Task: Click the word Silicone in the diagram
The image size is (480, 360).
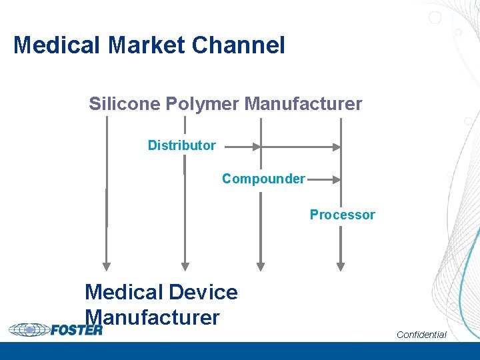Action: (124, 104)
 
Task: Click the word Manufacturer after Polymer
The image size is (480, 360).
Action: (303, 104)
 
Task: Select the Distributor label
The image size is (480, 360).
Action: (181, 145)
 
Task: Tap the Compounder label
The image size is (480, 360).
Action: (263, 179)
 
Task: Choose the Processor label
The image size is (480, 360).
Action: (342, 215)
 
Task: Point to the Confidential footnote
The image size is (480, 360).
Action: (421, 334)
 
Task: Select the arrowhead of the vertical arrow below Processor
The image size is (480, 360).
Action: (341, 266)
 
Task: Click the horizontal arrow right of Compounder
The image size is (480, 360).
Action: (324, 179)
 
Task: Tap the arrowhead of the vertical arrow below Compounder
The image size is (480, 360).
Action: (261, 266)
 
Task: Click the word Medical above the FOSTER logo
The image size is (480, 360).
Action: (124, 292)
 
